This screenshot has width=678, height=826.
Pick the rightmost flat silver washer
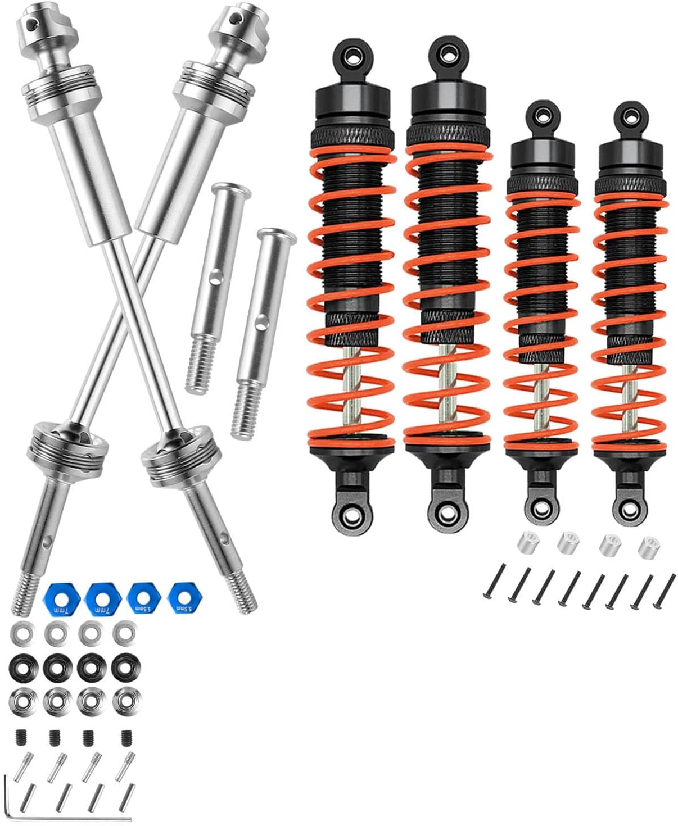coord(122,634)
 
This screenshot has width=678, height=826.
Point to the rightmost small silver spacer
coord(648,545)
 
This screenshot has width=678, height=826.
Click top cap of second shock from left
coord(446,95)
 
